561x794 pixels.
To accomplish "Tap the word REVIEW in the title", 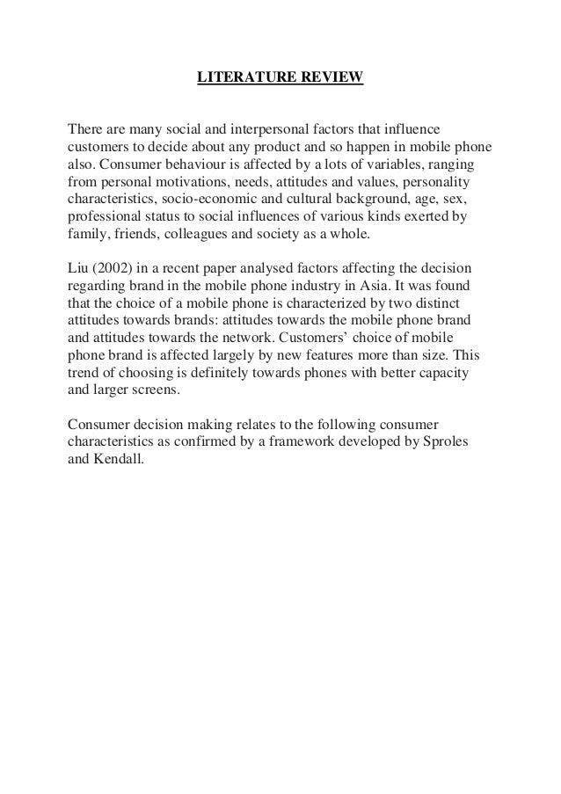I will tap(330, 79).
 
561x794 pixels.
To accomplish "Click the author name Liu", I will tap(79, 266).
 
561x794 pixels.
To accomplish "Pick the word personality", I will tap(436, 183).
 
